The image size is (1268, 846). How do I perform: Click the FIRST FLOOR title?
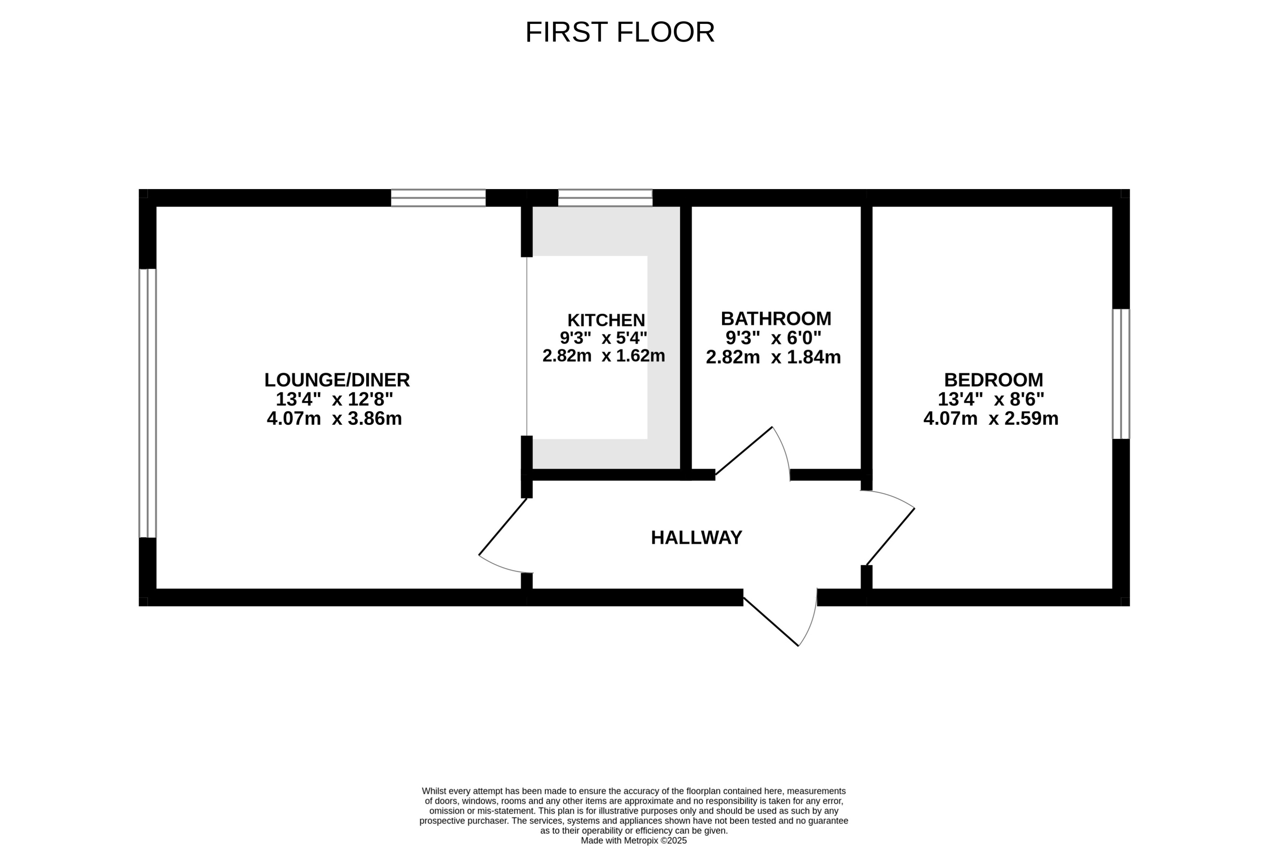pyautogui.click(x=620, y=32)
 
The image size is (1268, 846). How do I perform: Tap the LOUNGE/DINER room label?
pyautogui.click(x=337, y=380)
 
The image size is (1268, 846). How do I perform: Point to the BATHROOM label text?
pyautogui.click(x=776, y=318)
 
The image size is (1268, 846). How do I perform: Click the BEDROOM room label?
pyautogui.click(x=993, y=380)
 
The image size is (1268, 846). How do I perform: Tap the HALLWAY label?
pyautogui.click(x=696, y=537)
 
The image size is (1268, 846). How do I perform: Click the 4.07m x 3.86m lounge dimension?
pyautogui.click(x=334, y=419)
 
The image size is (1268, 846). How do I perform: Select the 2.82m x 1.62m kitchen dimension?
pyautogui.click(x=603, y=356)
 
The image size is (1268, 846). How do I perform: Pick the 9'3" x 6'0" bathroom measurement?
pyautogui.click(x=773, y=338)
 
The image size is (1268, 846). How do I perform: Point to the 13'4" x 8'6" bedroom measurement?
pyautogui.click(x=990, y=399)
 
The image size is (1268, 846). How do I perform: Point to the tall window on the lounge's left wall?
pyautogui.click(x=147, y=403)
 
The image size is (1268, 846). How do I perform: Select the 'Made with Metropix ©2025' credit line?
pyautogui.click(x=634, y=841)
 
